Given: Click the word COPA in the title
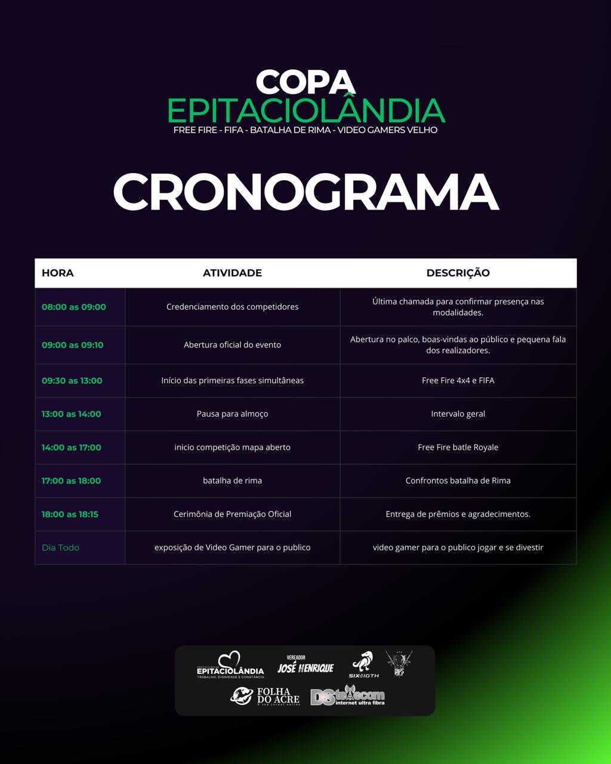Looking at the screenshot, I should point(305,82).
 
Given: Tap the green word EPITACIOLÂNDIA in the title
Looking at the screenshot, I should point(305,110).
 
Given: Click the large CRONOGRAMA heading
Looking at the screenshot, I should point(305,192).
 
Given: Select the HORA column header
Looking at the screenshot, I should point(58,273).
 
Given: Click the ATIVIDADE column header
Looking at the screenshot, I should point(232,273).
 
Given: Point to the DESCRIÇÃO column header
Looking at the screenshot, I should point(458,273).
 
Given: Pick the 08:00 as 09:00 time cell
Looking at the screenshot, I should point(73,307).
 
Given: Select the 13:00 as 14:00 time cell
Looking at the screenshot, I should point(71,414).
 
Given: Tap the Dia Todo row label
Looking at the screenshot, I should point(60,547).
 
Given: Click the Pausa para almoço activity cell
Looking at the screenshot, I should point(232,414).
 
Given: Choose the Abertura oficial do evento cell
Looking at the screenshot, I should point(232,345).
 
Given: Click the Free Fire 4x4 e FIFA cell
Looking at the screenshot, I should point(458,380).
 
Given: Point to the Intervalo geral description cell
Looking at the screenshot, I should point(458,414).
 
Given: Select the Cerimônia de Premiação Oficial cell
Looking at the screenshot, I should point(232,514).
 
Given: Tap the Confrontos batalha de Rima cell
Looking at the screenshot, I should point(458,480).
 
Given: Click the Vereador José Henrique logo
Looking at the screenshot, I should point(305,665).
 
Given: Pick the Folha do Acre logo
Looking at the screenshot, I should point(266,696).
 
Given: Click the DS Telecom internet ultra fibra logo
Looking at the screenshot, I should point(348,696).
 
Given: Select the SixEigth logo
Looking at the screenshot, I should point(363,665).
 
